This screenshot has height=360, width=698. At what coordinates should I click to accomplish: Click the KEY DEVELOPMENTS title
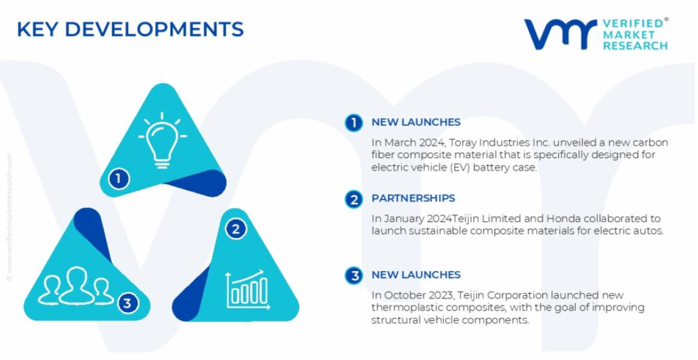130,29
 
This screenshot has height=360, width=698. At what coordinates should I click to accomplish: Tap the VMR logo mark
560,34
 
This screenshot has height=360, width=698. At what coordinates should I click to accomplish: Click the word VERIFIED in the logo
633,23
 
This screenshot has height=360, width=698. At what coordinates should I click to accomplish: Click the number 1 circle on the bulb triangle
118,179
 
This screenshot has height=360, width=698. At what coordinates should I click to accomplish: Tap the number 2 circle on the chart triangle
236,229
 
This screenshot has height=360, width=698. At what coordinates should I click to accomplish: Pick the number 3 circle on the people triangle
128,303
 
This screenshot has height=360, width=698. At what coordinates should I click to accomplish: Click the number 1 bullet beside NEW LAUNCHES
354,123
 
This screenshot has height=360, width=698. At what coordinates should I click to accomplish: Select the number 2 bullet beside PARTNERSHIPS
354,199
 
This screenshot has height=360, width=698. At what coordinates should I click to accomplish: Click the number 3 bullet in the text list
354,276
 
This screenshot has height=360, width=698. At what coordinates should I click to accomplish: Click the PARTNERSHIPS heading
413,199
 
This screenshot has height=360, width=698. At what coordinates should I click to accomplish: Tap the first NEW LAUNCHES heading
416,122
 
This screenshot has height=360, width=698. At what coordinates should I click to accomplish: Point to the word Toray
462,143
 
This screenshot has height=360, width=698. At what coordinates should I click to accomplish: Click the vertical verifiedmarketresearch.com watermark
10,218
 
